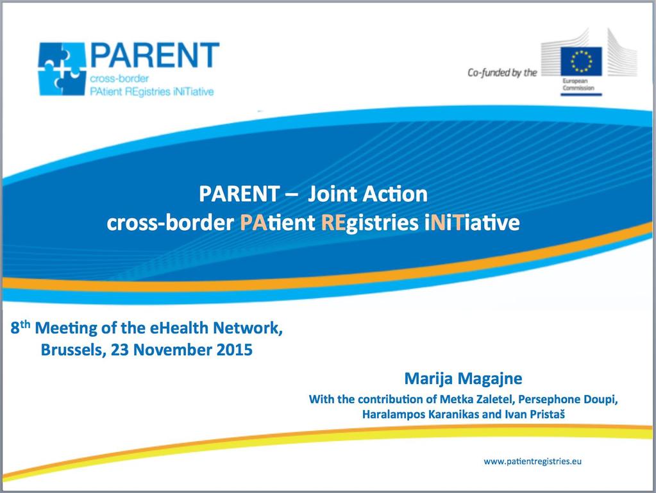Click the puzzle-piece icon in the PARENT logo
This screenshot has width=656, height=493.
click(62, 69)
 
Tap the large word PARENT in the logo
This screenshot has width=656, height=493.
click(155, 55)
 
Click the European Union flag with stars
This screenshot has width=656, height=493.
click(581, 62)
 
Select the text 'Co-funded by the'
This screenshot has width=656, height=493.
click(502, 72)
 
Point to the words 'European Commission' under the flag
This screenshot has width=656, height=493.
click(578, 85)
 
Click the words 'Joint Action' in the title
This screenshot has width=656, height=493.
click(367, 194)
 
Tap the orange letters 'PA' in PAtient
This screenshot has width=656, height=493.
click(253, 222)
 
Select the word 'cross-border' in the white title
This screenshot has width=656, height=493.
click(170, 222)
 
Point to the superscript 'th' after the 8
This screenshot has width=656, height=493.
click(25, 324)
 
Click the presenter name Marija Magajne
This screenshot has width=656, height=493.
click(463, 378)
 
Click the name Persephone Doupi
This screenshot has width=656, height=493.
click(568, 400)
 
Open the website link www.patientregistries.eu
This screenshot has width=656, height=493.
click(533, 462)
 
